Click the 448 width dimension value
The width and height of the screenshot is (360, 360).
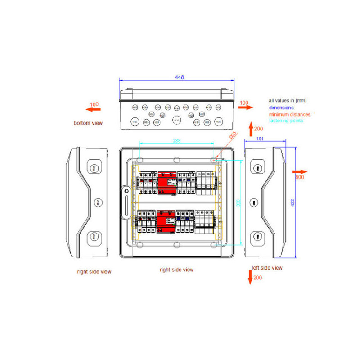[179, 77]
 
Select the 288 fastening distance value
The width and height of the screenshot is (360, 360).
[177, 141]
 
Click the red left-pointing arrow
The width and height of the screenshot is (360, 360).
[94, 109]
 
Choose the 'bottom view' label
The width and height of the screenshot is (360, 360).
[88, 123]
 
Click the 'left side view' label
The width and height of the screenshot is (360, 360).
[267, 268]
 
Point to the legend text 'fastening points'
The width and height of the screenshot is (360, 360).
[286, 121]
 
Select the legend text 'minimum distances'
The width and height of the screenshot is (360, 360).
[289, 114]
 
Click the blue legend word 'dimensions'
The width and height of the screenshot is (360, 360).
[281, 108]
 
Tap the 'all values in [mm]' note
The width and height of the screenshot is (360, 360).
[288, 101]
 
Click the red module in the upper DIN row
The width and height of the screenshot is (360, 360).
[166, 182]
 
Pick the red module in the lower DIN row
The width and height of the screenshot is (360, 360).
[166, 222]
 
